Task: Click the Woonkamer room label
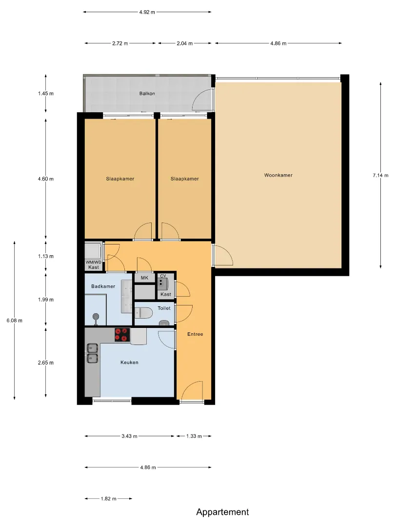pos(278,175)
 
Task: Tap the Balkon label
pos(147,93)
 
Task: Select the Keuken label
pos(129,362)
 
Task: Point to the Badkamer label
pos(103,286)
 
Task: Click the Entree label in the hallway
pos(195,334)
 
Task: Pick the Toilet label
pos(164,308)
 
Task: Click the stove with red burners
pos(122,335)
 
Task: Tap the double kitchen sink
pos(92,353)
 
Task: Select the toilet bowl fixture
pos(143,313)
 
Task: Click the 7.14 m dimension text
pos(380,175)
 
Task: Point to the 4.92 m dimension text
pos(147,12)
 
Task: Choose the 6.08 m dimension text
pos(15,321)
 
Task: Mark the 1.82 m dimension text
pos(108,499)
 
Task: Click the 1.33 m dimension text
pos(194,436)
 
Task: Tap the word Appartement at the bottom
pos(222,512)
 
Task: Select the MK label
pos(144,278)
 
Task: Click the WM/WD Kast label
pos(93,265)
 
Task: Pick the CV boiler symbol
pos(162,284)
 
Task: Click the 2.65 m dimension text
pos(46,363)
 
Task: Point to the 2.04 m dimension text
pos(185,43)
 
